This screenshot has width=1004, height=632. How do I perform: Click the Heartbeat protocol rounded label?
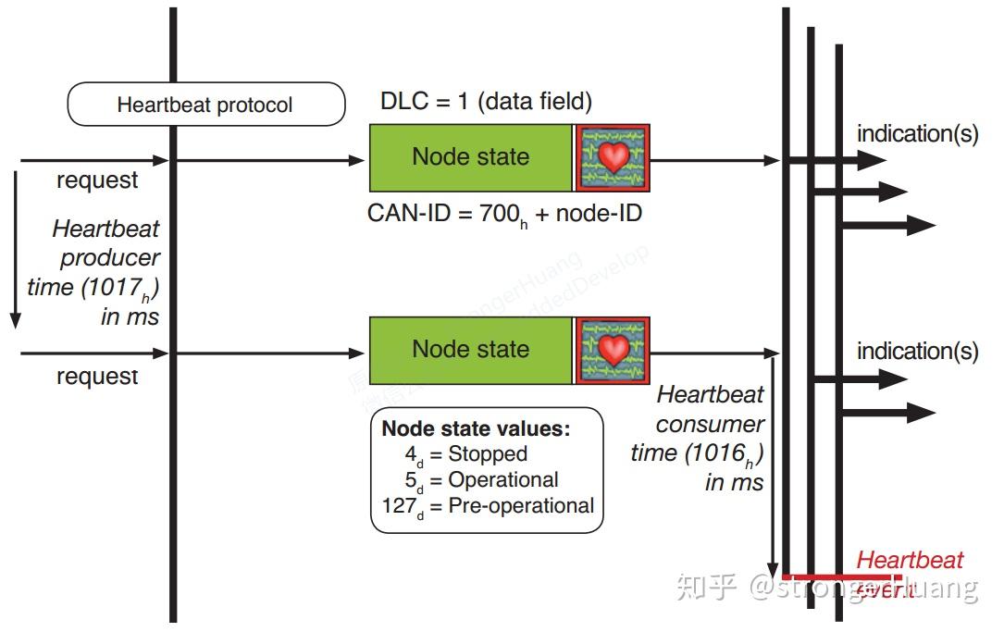205,105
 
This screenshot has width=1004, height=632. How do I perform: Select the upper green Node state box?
470,157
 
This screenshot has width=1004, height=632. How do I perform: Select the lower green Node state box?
470,350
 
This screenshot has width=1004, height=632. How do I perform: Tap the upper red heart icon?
613,157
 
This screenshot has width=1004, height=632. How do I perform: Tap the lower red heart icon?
613,350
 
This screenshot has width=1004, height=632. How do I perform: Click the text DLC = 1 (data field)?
486,101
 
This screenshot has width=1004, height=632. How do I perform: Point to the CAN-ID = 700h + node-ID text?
504,214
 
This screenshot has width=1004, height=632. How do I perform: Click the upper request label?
97,181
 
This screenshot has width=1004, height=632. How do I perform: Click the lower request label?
97,377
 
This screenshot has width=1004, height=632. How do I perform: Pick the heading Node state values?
477,428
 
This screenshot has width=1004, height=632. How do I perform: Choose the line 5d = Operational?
481,480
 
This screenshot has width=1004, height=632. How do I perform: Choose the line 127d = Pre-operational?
488,506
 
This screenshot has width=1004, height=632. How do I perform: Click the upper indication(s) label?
917,134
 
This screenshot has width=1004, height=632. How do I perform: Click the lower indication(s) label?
917,352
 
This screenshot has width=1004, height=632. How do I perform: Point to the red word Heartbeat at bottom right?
910,561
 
